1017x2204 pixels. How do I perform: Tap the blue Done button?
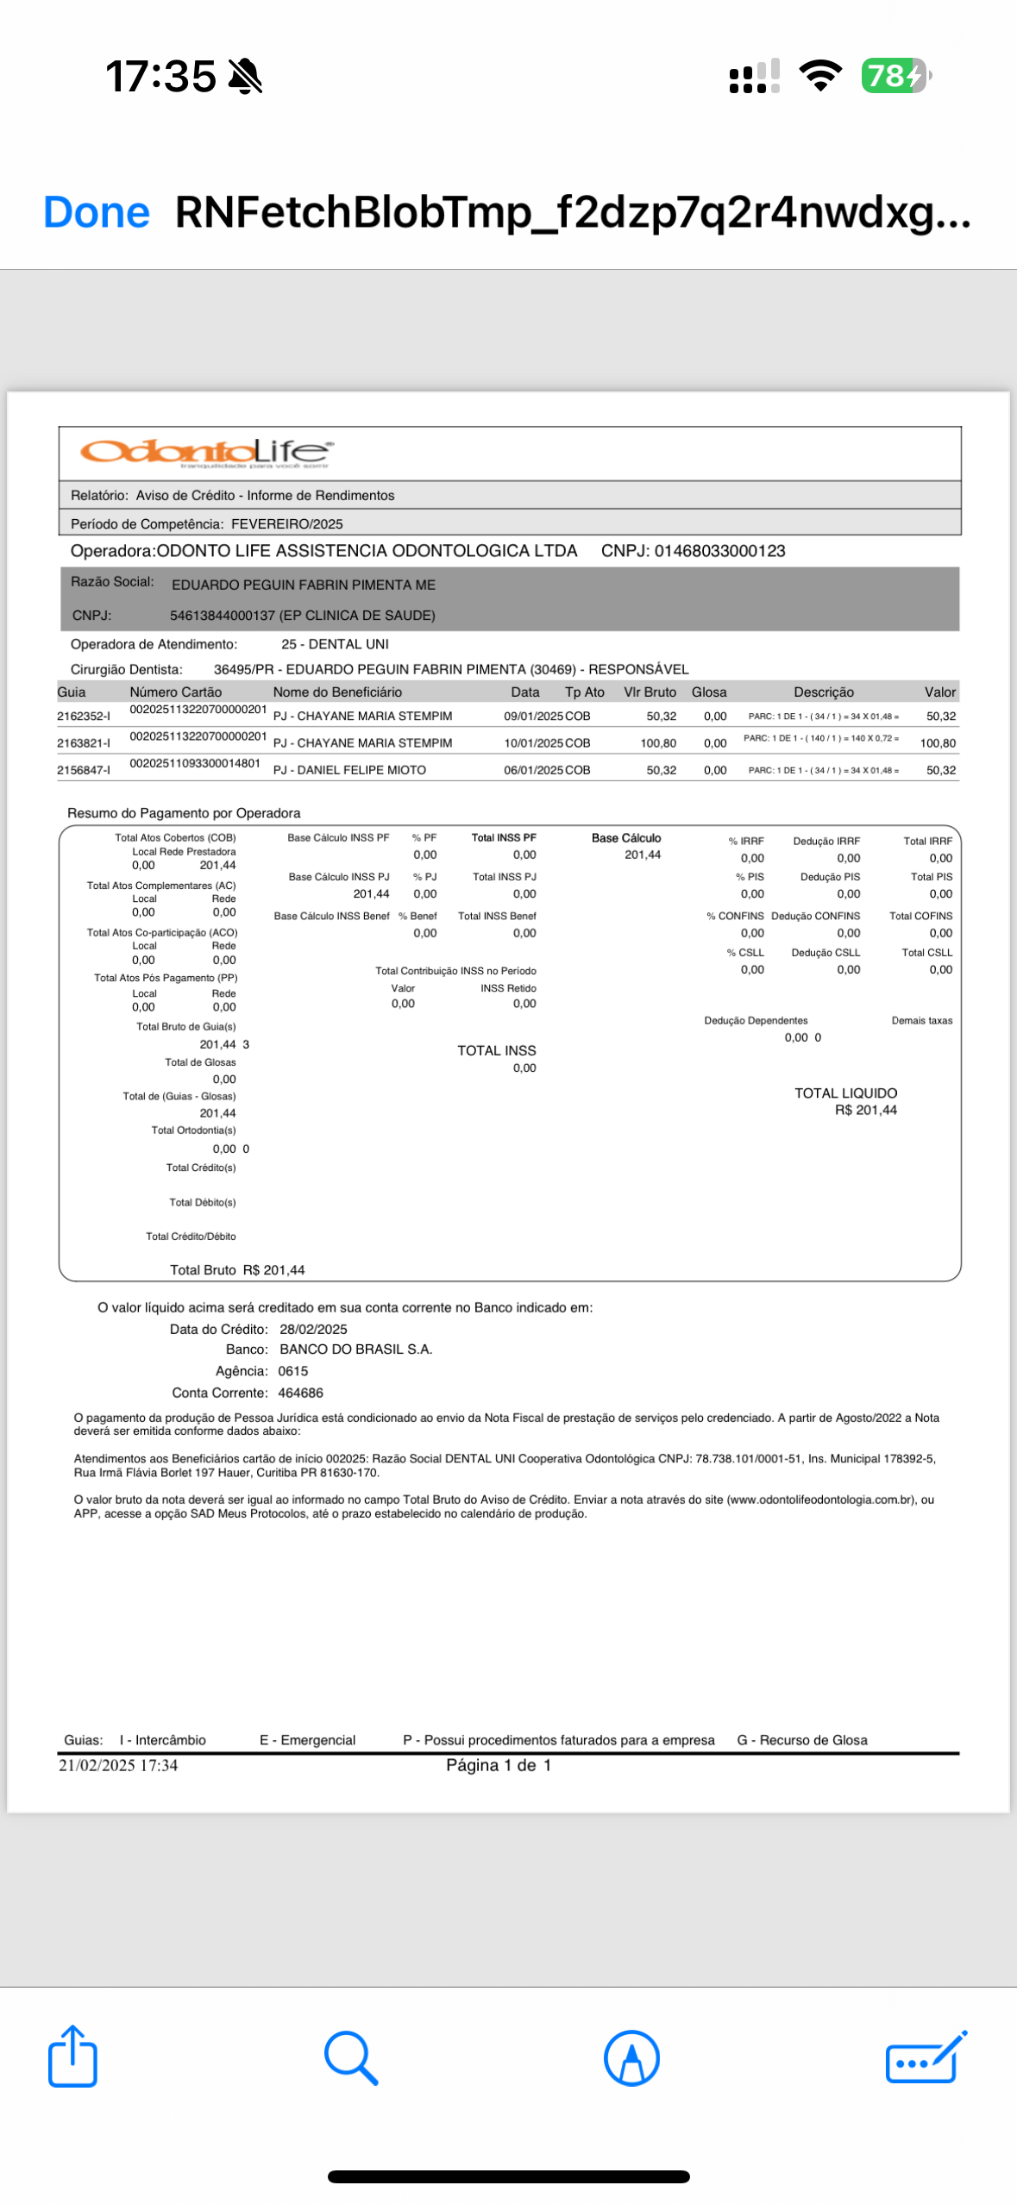point(96,212)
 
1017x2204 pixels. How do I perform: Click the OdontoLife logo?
point(205,451)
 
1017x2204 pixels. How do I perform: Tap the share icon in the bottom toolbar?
point(72,2057)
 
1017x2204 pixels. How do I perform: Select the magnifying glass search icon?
point(350,2057)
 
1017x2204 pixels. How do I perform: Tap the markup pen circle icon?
point(631,2057)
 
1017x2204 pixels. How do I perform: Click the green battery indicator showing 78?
point(894,76)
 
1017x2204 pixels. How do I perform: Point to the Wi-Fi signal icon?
point(820,76)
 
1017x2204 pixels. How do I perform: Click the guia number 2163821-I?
point(84,743)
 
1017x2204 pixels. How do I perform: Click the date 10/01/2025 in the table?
point(533,743)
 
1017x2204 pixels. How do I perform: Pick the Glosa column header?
point(708,692)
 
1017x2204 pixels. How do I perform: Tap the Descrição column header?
point(823,692)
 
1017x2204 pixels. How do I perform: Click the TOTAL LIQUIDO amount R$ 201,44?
point(865,1111)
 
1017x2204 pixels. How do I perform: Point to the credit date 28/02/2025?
point(313,1330)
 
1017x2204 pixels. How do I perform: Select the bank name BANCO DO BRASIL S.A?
point(355,1349)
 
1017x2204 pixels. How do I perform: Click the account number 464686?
point(300,1393)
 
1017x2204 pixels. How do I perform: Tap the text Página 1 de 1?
point(498,1765)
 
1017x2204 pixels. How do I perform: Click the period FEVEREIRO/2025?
point(286,524)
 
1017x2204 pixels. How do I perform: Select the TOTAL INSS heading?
point(496,1050)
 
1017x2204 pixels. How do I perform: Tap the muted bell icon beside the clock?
point(245,76)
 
